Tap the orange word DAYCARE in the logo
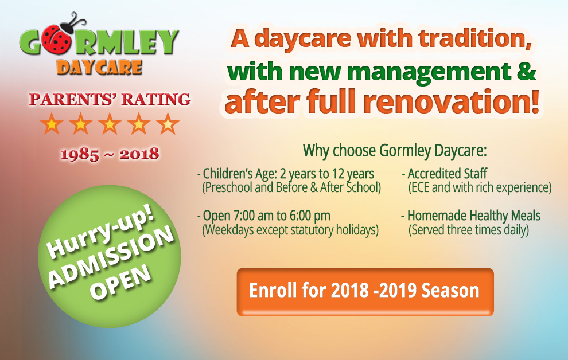tap(99, 67)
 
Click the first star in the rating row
tap(52, 124)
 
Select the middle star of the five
tap(110, 124)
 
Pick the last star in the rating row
tap(168, 124)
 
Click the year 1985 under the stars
tap(79, 154)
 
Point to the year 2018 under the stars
tap(139, 154)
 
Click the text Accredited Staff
tap(447, 174)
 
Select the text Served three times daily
tap(469, 230)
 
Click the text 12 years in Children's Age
tap(353, 174)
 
